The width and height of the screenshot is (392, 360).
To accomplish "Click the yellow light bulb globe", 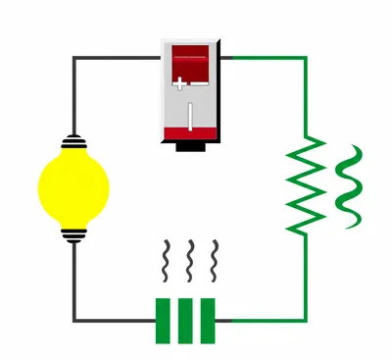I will (73, 185).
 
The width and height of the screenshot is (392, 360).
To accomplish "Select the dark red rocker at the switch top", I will (191, 63).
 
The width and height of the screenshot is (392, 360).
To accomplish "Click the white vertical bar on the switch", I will (191, 119).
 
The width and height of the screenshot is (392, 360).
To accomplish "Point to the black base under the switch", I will (191, 148).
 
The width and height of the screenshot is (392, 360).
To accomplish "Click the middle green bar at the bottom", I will (185, 321).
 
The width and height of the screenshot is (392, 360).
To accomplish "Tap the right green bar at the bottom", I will (208, 321).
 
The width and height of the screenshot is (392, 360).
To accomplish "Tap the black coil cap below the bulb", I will (73, 234).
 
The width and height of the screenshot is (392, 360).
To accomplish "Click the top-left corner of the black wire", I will (73, 58).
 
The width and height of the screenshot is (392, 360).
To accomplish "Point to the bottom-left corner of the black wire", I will (73, 320).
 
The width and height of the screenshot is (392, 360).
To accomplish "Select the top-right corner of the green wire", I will (305, 58).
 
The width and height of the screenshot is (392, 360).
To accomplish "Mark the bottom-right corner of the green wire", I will (305, 320).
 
